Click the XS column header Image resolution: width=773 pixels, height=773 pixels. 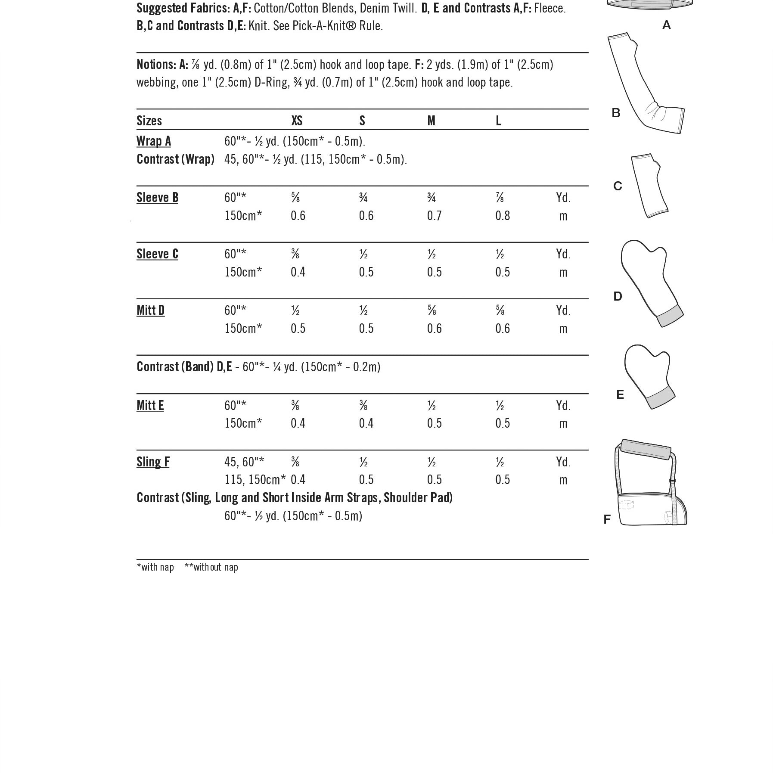click(297, 121)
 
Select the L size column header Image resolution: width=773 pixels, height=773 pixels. click(498, 121)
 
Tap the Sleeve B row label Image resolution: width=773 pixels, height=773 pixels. click(157, 197)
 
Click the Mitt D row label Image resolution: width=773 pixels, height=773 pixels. click(150, 310)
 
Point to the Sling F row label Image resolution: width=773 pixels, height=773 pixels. click(153, 462)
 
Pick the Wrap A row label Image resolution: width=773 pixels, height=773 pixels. click(153, 141)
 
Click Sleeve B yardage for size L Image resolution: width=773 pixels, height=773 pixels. click(500, 198)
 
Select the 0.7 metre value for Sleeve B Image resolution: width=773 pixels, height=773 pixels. click(434, 215)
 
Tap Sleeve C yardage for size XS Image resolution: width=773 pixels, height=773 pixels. click(295, 254)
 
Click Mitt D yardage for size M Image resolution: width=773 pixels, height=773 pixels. click(432, 310)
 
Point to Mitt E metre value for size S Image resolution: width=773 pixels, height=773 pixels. click(366, 423)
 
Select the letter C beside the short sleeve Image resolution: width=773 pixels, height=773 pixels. click(618, 186)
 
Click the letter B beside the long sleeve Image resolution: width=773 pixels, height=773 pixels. click(616, 113)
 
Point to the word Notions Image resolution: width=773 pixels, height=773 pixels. click(156, 64)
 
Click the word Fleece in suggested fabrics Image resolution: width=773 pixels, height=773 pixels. click(549, 8)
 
